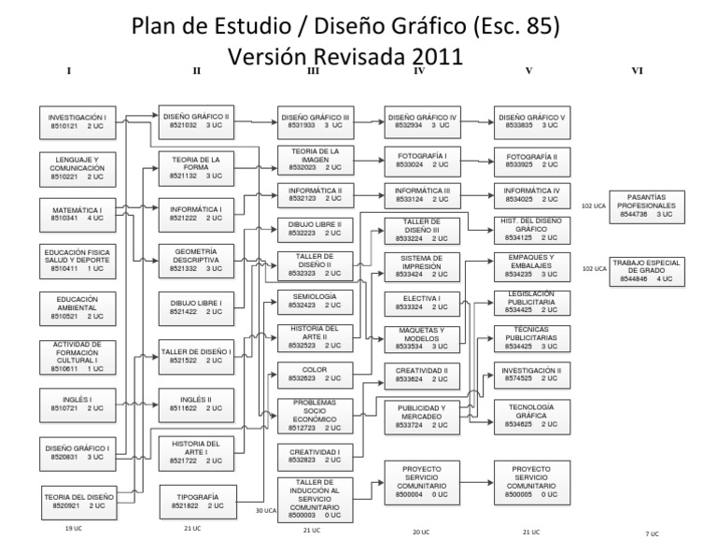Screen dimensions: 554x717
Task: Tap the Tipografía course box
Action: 196,502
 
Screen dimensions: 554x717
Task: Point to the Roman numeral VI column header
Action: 639,71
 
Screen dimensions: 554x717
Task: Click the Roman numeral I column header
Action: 70,71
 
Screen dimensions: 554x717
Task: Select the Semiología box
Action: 314,303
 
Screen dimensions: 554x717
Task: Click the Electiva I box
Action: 422,303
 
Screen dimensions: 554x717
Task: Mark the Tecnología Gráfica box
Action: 532,416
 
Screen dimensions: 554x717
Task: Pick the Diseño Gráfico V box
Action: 532,122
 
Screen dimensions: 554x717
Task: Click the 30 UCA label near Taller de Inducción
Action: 267,511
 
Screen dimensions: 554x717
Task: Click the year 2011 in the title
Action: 426,56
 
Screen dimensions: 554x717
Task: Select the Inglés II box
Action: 196,403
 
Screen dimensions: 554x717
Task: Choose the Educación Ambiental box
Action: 78,306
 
